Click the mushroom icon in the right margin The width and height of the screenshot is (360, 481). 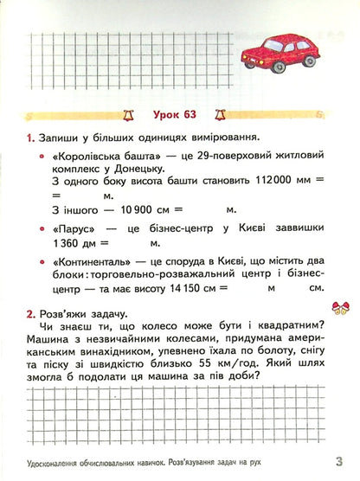coord(339,306)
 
